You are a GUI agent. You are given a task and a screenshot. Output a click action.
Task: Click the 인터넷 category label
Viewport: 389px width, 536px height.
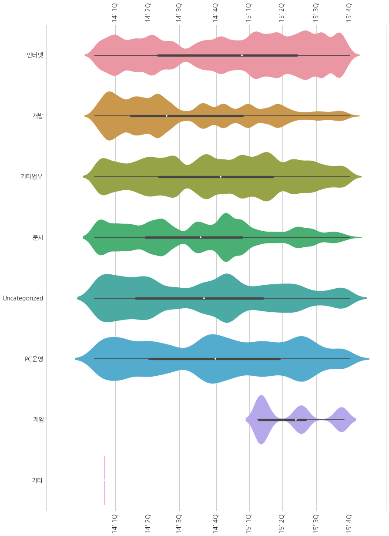34,55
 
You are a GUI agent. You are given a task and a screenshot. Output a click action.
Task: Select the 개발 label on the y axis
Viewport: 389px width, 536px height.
37,116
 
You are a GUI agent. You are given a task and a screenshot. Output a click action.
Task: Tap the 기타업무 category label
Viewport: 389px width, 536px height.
31,177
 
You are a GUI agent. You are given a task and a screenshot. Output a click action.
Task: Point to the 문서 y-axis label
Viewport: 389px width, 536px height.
37,237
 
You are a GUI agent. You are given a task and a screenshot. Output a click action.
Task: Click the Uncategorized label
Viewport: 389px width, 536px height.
23,298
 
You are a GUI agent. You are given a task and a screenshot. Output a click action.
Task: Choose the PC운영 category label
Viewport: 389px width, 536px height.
34,359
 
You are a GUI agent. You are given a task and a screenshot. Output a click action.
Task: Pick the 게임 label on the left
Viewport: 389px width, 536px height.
37,420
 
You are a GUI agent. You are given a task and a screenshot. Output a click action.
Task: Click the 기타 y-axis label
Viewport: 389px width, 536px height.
37,480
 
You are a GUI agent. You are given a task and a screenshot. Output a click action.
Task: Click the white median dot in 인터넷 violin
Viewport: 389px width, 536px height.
242,55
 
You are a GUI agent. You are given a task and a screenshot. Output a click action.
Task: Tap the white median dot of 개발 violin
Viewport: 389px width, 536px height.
167,116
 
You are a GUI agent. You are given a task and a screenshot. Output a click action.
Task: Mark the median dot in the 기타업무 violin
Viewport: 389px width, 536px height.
221,177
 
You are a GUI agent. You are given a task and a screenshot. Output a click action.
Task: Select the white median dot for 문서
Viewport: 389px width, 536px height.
201,237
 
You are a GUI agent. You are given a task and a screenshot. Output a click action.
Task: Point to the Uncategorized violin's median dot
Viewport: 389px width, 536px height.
204,298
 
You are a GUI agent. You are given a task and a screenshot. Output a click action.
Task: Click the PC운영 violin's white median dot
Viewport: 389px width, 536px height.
215,359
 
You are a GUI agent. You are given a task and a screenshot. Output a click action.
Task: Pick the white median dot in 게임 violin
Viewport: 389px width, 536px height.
296,420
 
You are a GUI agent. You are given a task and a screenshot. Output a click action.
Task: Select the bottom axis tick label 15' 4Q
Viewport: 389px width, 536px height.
349,523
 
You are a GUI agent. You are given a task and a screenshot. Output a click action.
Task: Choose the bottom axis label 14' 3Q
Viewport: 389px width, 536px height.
179,523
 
